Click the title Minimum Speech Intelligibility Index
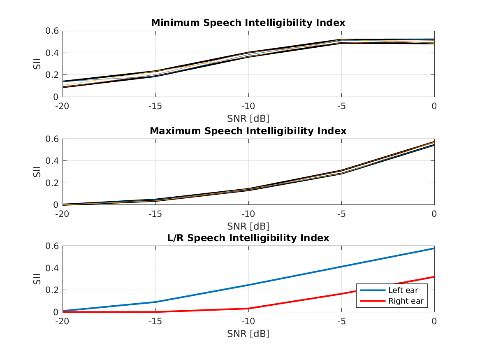coord(248,23)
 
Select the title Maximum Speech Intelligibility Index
coord(248,131)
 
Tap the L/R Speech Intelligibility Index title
coord(248,238)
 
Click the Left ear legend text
coord(403,290)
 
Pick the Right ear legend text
coord(406,301)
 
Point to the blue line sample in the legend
coord(373,290)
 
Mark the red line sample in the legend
coord(373,301)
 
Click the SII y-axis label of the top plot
coord(37,64)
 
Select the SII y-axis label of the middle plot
coord(37,172)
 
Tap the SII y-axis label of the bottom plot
coord(37,279)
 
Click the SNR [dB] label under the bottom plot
coord(248,334)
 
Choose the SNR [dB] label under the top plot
coord(248,119)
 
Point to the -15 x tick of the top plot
coord(155,106)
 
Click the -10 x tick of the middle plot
coord(248,214)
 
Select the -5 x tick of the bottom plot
coord(341,321)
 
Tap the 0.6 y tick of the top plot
coord(52,31)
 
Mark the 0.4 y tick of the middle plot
coord(52,160)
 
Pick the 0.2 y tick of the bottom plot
coord(52,290)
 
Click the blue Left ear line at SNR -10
coord(248,285)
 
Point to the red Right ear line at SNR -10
coord(248,308)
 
